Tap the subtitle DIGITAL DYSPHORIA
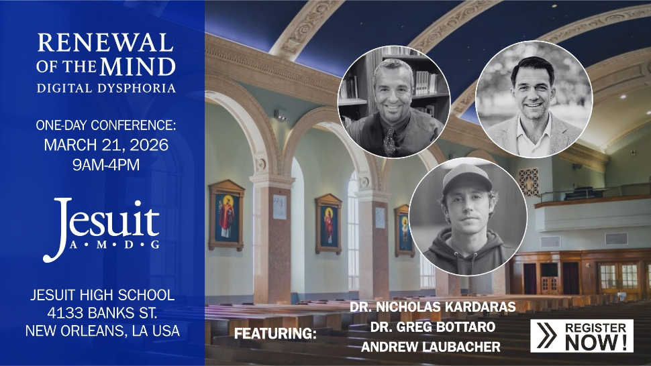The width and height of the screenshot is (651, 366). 106,88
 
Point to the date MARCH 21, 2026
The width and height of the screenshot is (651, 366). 106,143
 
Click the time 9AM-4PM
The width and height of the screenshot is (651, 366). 106,164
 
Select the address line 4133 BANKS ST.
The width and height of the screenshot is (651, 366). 103,312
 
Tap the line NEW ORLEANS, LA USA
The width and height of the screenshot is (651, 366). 103,330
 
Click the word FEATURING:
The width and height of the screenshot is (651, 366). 275,333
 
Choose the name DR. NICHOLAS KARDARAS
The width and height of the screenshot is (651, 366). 432,307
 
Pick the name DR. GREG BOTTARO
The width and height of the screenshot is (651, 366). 432,327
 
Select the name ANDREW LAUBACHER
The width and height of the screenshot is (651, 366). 430,347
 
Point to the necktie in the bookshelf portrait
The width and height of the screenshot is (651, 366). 390,141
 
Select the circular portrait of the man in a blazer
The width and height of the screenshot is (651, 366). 534,99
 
